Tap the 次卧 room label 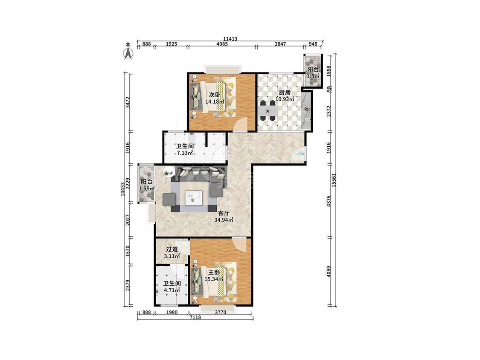(215, 94)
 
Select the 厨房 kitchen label (285, 92)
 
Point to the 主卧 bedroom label (214, 272)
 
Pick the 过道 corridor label (172, 249)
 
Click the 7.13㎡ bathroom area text (185, 153)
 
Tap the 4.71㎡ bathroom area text (172, 290)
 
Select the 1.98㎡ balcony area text (147, 188)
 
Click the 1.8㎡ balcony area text (313, 75)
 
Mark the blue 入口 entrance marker (301, 154)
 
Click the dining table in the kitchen (269, 110)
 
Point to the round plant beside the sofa (167, 173)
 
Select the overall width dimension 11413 (230, 39)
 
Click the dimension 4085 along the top (222, 44)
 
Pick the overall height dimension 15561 (334, 180)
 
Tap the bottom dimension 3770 (221, 313)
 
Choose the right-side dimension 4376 (329, 201)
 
